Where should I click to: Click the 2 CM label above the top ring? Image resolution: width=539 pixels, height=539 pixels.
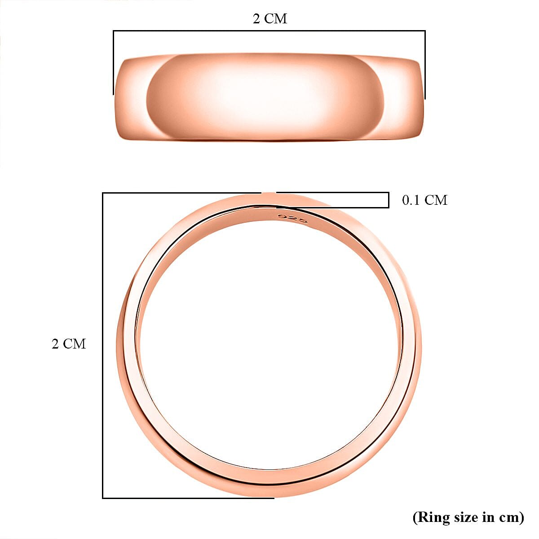tap(269, 19)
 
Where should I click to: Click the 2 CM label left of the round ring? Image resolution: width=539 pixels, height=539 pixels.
tap(68, 344)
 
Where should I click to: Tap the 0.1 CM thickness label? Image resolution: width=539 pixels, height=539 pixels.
tap(424, 200)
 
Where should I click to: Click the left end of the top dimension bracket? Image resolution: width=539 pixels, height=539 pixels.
tap(113, 63)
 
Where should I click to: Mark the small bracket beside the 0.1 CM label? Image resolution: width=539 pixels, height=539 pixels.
tap(388, 200)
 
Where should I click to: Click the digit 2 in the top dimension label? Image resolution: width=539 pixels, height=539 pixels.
tap(256, 19)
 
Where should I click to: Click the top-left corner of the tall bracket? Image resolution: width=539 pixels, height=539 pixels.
tap(103, 193)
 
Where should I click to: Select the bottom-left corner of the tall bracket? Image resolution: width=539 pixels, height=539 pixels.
tap(103, 498)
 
